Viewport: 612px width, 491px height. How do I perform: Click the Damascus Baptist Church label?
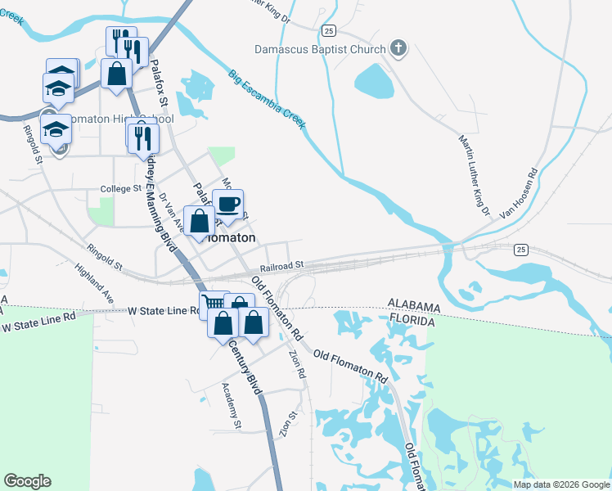click(x=319, y=50)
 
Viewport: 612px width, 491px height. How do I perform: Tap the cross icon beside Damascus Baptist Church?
click(x=399, y=49)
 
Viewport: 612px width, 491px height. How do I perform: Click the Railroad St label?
click(x=282, y=266)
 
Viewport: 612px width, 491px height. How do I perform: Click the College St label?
click(x=120, y=189)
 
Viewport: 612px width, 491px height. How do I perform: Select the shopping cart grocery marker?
click(x=213, y=304)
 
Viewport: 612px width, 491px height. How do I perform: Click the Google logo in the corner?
click(x=28, y=481)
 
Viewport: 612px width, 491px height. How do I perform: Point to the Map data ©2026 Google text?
click(x=560, y=484)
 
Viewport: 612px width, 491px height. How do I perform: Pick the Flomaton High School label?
click(x=119, y=119)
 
